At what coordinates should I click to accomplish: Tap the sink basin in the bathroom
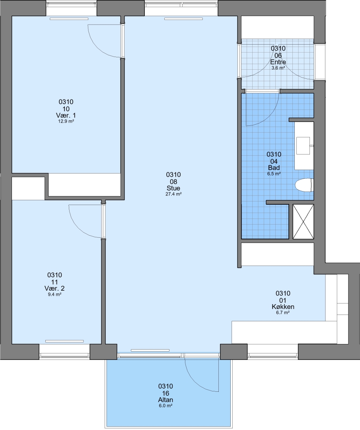click(303, 146)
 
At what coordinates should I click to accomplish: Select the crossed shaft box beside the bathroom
click(303, 221)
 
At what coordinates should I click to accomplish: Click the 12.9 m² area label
click(66, 121)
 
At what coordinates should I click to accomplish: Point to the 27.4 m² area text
click(173, 194)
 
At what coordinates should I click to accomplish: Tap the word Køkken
click(283, 307)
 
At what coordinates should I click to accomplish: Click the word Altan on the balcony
click(165, 400)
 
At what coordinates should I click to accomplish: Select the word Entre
click(278, 62)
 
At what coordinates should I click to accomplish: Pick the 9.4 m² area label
click(54, 295)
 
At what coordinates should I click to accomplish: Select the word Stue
click(173, 188)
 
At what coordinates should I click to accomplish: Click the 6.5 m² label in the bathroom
click(274, 174)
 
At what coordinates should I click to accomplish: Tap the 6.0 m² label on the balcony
click(165, 406)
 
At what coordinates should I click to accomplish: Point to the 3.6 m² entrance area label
click(278, 68)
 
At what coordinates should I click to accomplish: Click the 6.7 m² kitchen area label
click(283, 313)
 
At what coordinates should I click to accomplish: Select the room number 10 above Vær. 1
click(66, 109)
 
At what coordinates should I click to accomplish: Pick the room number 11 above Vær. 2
click(54, 282)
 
